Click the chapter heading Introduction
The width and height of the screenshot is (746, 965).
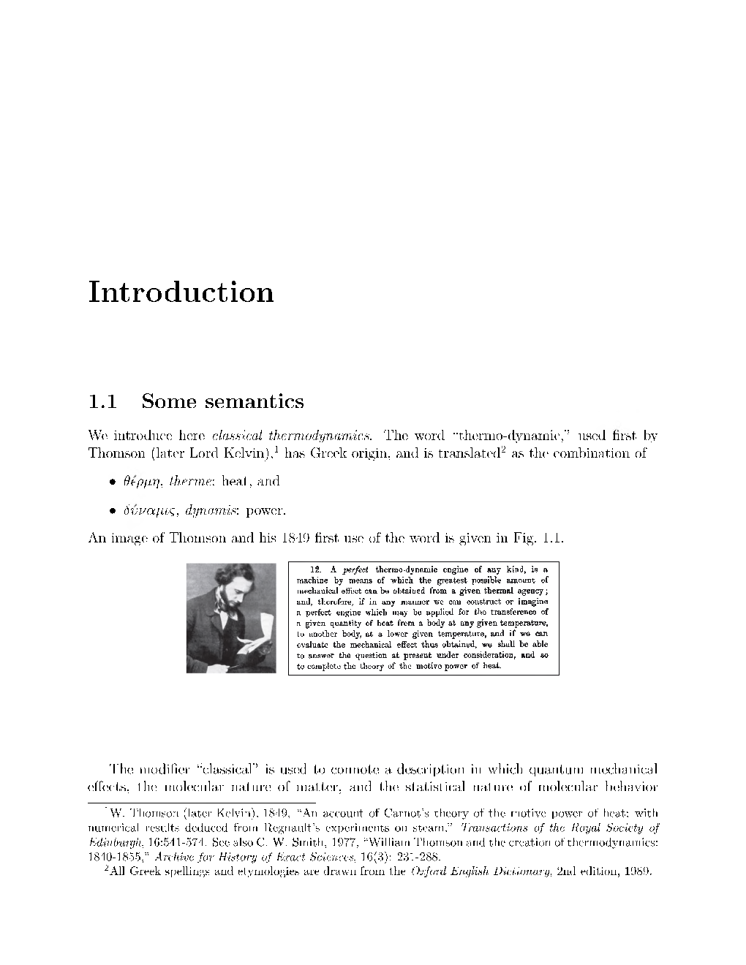[x=181, y=292]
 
